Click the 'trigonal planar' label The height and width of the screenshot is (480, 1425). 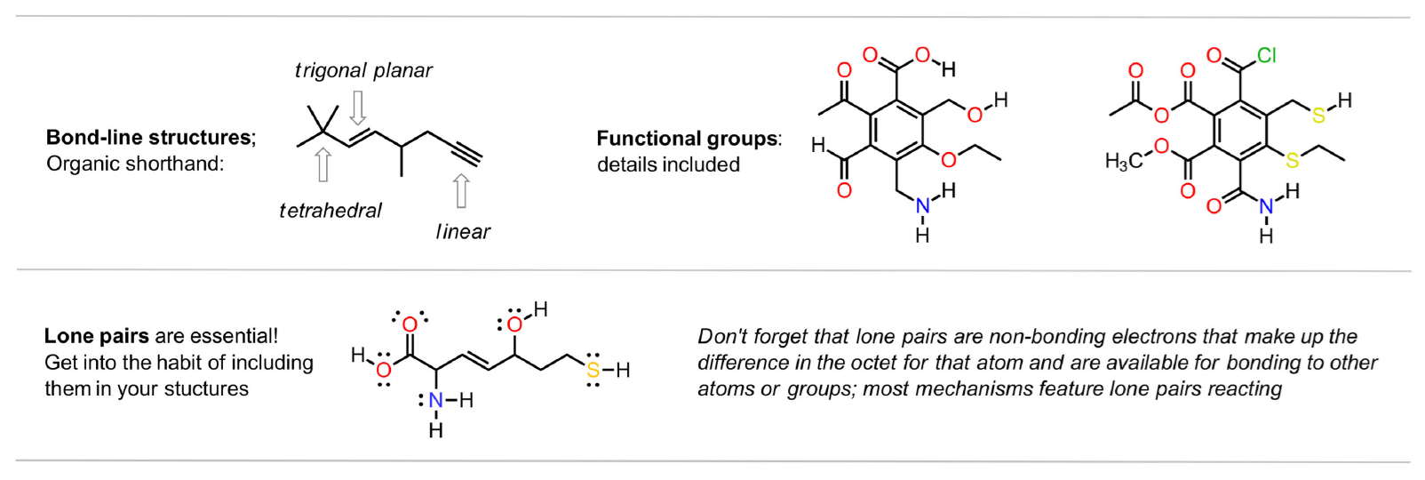tap(363, 71)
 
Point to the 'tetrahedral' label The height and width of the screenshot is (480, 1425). tap(330, 211)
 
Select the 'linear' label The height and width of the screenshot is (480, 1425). tap(463, 232)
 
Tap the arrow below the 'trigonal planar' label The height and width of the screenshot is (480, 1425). tap(358, 107)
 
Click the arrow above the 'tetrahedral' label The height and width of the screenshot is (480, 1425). tap(323, 165)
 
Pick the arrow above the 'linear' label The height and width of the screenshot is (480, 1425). tap(461, 191)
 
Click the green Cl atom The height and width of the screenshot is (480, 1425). tap(1267, 56)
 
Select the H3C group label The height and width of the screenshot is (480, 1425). tap(1124, 161)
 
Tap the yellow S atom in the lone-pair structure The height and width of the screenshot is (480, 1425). tap(593, 370)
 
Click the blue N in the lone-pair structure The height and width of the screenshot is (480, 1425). tap(435, 401)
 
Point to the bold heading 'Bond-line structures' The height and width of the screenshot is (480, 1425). tap(148, 138)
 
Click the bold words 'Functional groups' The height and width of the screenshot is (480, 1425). tap(687, 139)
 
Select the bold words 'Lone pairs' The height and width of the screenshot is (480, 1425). tap(97, 336)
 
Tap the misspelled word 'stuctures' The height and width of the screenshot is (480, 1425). tap(206, 389)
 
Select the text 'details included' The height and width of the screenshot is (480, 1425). tap(668, 164)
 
